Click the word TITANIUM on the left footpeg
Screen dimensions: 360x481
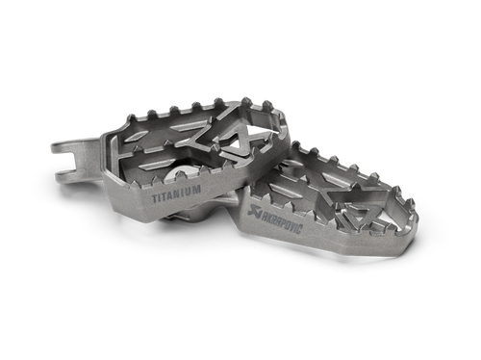(176, 192)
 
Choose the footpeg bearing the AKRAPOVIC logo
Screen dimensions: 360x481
(337, 207)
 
